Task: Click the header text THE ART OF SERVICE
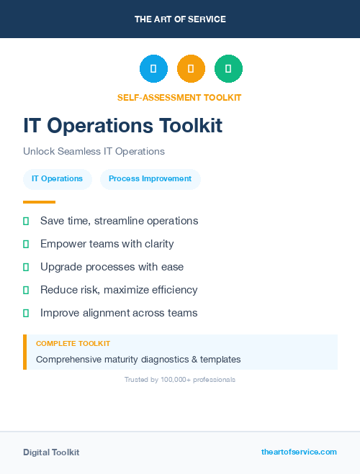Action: [180, 19]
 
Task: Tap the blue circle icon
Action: [153, 69]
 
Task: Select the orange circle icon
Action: [191, 69]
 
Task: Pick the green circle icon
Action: [228, 69]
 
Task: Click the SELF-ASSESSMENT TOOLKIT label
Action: [179, 98]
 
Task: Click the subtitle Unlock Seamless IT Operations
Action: [94, 152]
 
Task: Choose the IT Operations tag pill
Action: [57, 179]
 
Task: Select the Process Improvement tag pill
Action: [150, 179]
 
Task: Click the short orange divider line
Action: [39, 202]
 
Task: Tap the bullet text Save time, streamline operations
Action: [119, 221]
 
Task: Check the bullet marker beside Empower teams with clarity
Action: [26, 244]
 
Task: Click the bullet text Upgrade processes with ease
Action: [112, 267]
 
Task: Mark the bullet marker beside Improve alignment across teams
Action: [26, 313]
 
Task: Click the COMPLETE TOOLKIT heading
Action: [73, 344]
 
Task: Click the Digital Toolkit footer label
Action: [51, 452]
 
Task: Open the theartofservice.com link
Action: [299, 452]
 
